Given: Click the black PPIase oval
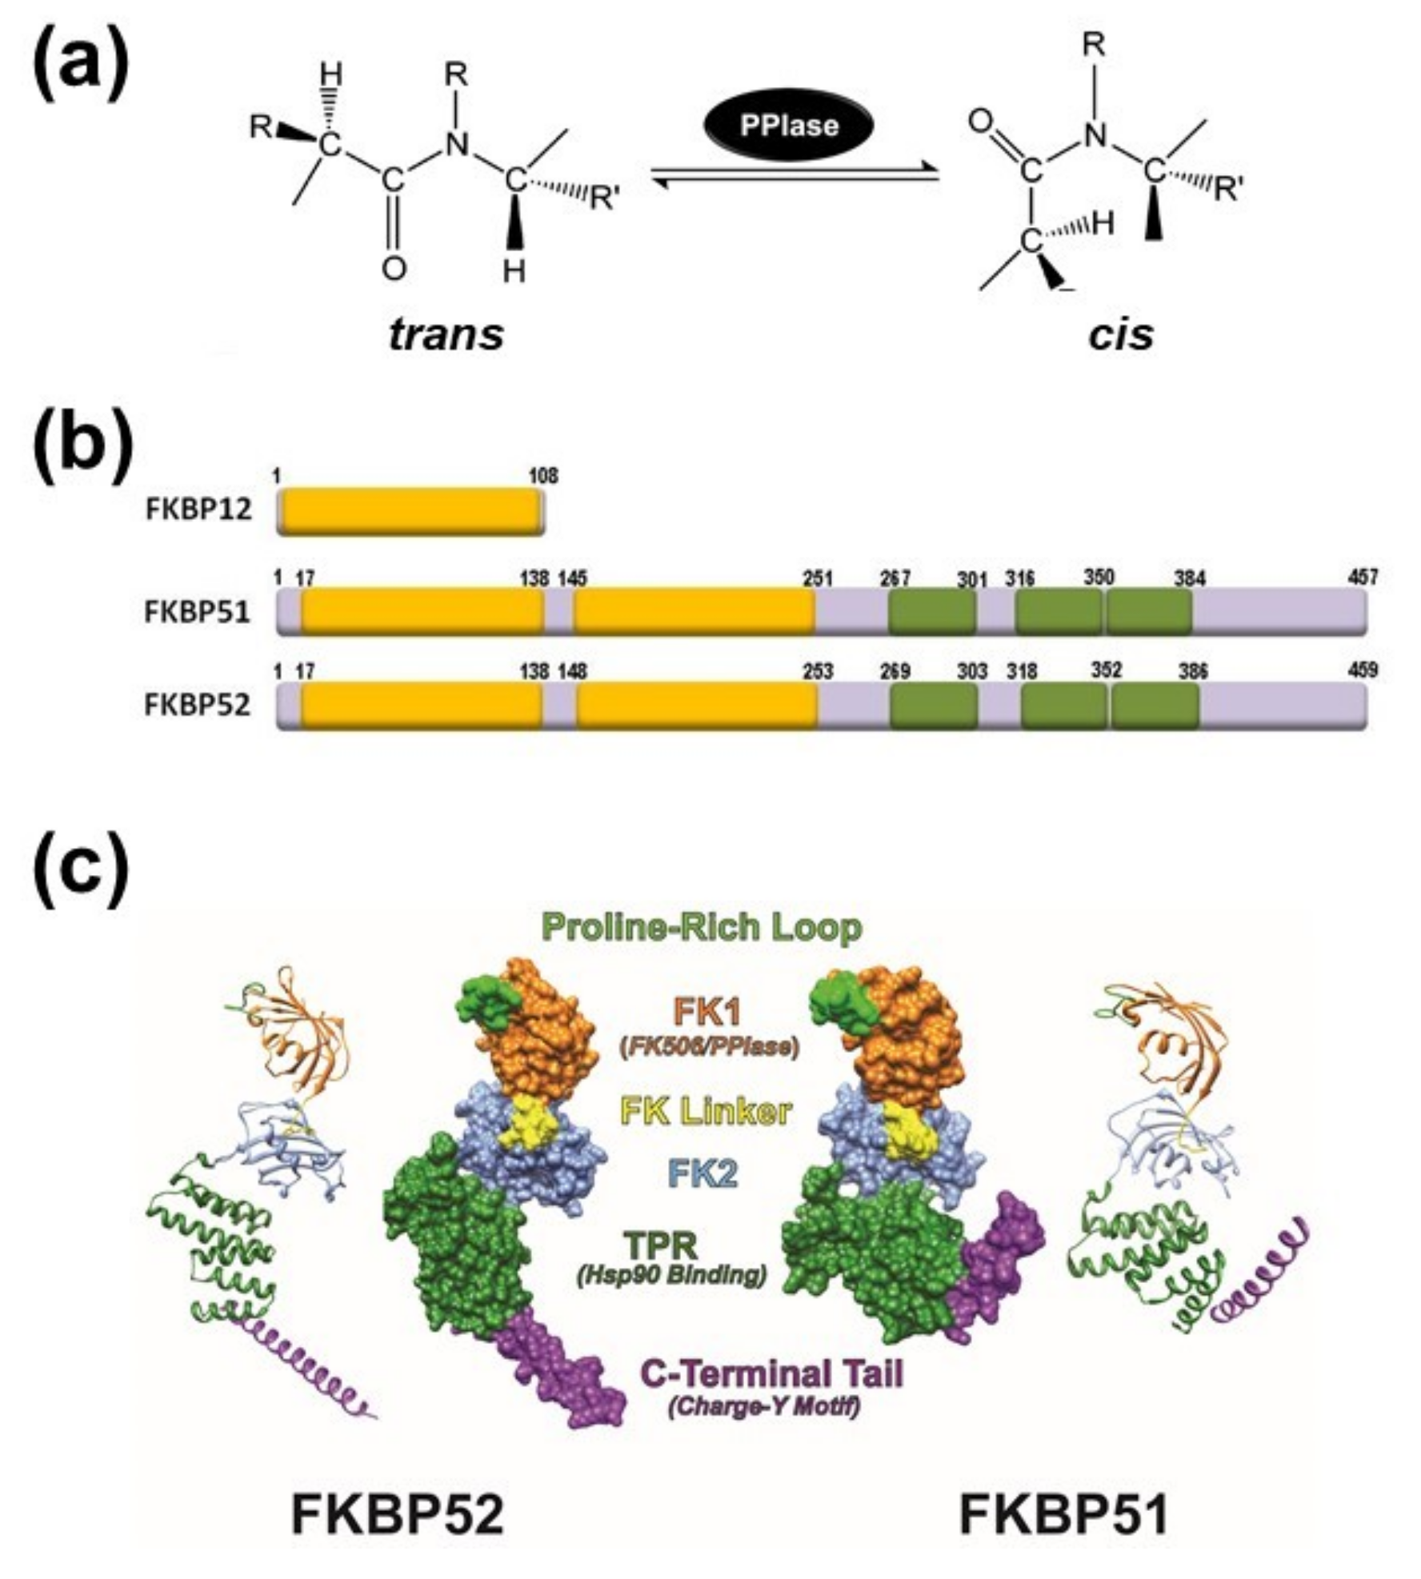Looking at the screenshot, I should (x=788, y=126).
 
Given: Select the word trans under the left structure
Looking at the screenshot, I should (x=446, y=334).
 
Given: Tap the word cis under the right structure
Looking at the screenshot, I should (x=1120, y=334).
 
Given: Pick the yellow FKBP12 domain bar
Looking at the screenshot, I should (x=409, y=511).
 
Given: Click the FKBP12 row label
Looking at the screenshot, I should (x=198, y=509).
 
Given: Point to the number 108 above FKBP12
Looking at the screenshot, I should (x=543, y=476).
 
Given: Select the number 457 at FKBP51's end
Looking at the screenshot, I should (x=1363, y=576).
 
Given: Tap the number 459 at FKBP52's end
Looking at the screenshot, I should (x=1363, y=669).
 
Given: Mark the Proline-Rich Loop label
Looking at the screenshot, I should (x=702, y=928).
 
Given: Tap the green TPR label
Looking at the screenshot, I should (x=663, y=1245).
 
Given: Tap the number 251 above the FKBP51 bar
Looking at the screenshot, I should (x=818, y=578).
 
